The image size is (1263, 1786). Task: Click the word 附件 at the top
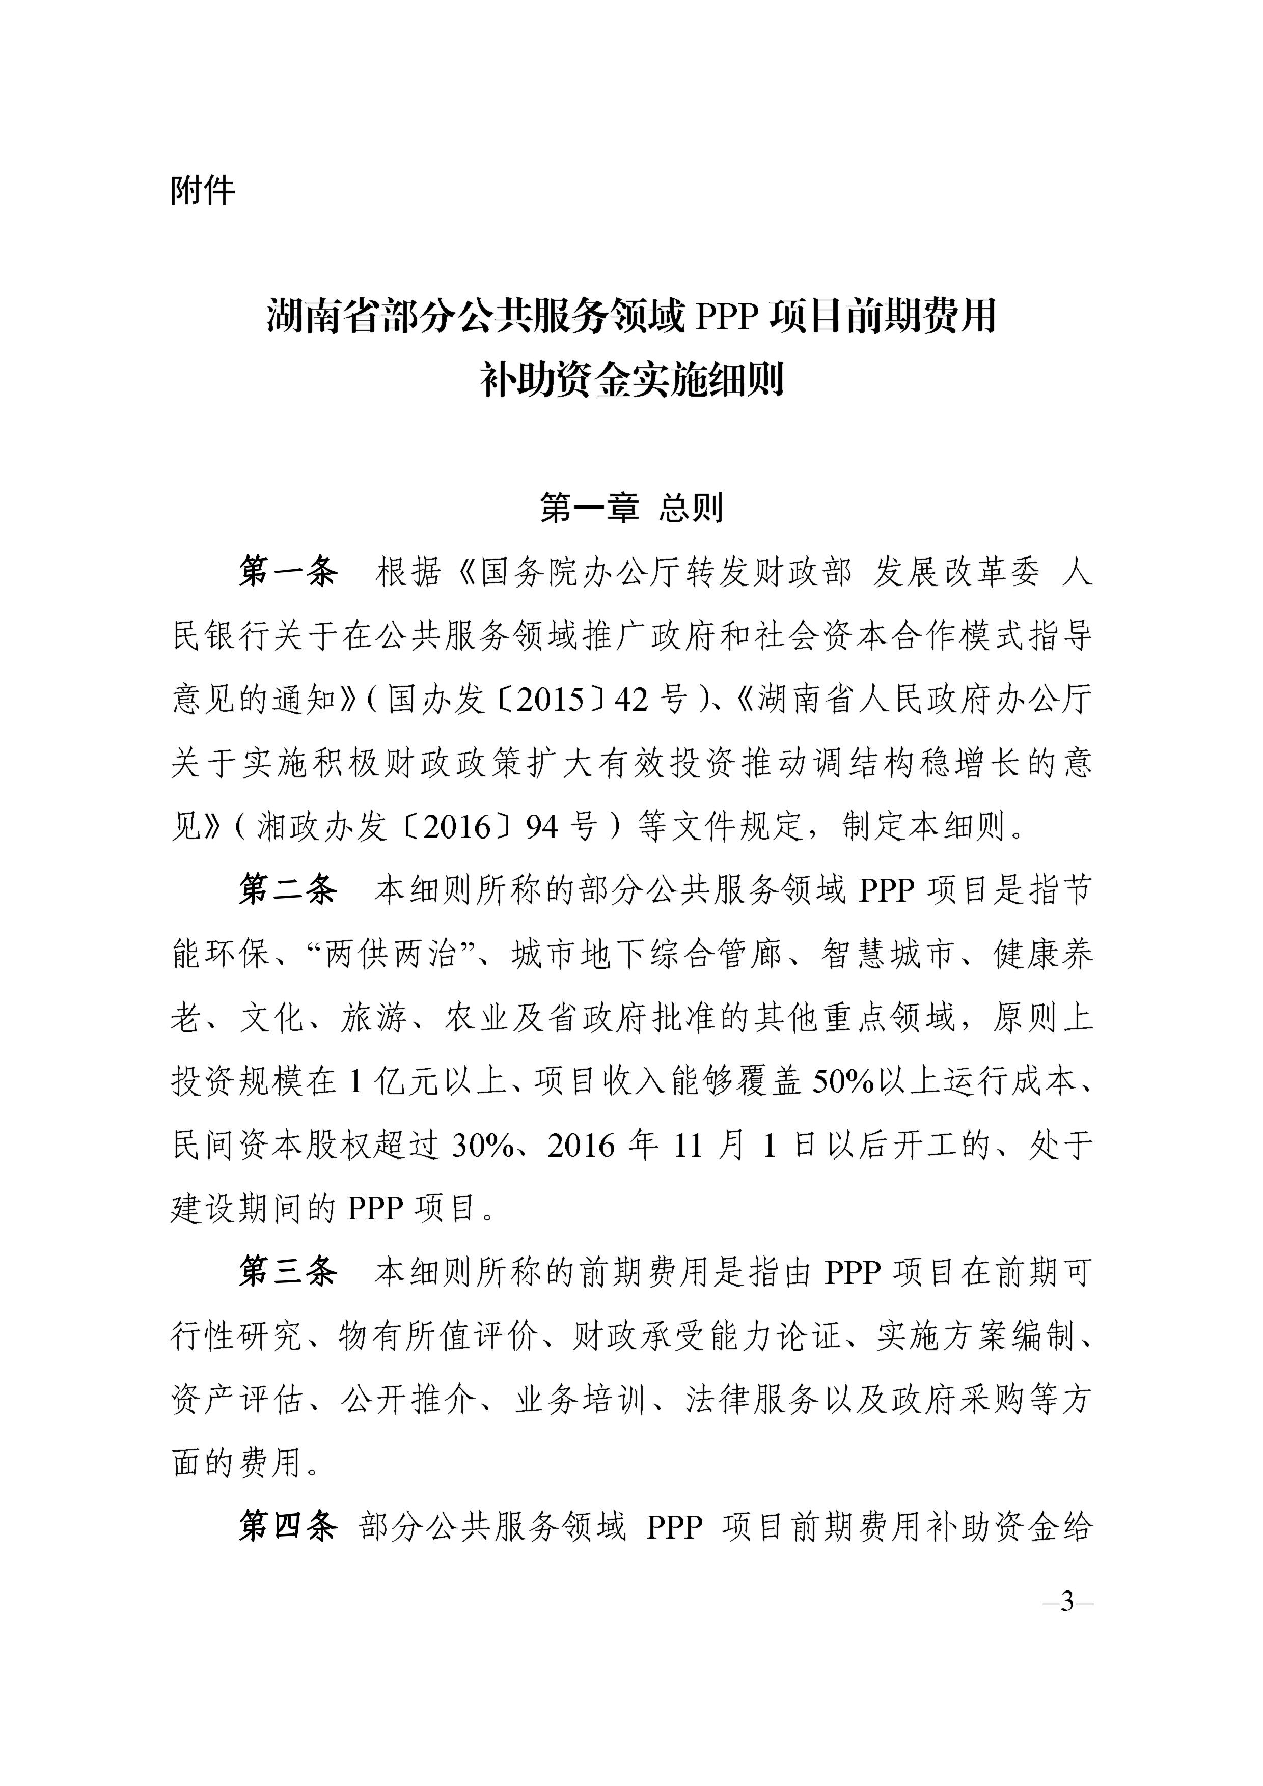click(202, 190)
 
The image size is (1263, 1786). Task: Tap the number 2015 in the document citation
click(550, 700)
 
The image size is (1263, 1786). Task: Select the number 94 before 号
click(542, 827)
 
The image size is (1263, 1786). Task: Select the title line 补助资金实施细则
click(631, 380)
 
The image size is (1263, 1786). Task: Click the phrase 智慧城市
click(888, 954)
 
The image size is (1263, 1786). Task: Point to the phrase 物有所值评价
click(438, 1335)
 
